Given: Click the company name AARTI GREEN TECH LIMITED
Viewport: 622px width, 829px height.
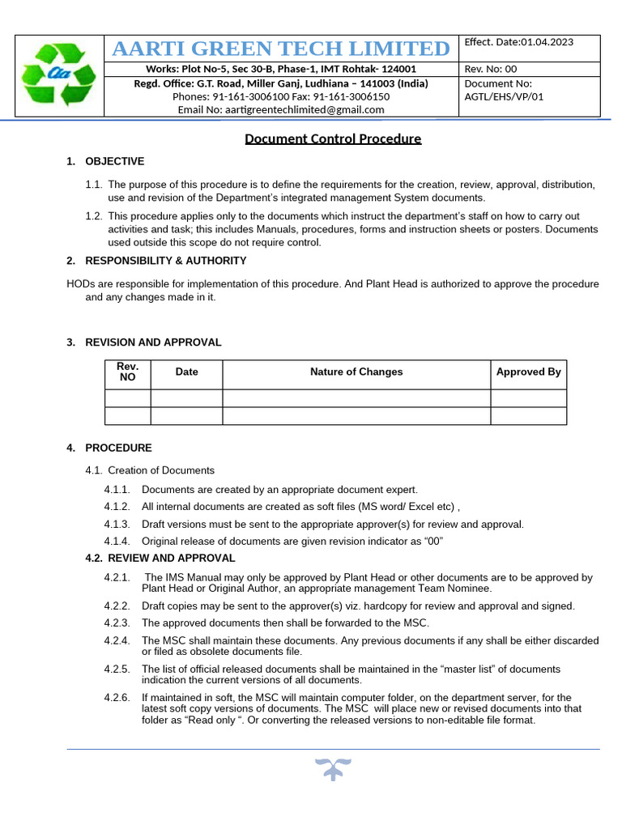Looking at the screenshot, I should [281, 49].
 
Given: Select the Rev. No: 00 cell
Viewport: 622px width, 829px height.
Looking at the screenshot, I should [490, 69].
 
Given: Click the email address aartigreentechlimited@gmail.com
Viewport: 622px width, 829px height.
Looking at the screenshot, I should [281, 109].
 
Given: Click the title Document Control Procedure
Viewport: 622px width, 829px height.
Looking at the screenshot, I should [333, 138].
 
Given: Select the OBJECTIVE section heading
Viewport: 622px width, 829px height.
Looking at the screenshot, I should [114, 161].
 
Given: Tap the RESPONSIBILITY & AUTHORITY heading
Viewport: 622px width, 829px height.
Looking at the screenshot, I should [165, 261].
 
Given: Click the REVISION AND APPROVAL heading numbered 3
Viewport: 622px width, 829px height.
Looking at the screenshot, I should [152, 342].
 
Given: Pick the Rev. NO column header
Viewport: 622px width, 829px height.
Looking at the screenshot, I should [128, 372].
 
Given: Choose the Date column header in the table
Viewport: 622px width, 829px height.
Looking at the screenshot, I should [186, 372].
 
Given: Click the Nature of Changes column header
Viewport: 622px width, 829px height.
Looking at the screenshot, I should [356, 372].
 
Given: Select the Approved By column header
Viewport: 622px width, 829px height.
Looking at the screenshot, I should [528, 372].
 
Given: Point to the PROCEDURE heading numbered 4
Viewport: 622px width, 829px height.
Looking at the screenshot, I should [118, 448].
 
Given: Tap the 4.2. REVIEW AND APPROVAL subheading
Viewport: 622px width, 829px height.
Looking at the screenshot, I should [160, 558].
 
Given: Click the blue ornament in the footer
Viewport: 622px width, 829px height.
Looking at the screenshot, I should [332, 768].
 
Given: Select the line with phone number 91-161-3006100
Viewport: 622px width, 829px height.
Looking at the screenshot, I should [281, 96].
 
